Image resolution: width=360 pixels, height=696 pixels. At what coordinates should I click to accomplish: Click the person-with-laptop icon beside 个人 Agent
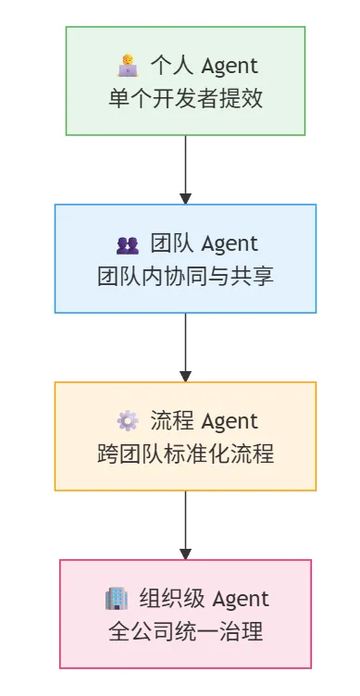coord(128,66)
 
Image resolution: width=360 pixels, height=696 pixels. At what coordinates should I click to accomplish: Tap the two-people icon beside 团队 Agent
coord(128,245)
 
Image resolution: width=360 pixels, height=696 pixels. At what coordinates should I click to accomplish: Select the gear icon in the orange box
coord(128,421)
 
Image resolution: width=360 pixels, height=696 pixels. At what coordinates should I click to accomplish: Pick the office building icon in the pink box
coord(117,598)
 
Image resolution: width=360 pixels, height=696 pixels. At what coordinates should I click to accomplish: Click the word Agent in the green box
coord(230,67)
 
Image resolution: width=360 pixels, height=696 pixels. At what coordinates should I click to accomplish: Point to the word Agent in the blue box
coord(230,244)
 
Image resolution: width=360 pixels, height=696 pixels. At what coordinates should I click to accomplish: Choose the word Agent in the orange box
coord(230,422)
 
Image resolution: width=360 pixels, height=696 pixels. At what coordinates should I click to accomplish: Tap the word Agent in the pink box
coord(241,599)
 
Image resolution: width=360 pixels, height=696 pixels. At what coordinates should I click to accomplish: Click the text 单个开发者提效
coord(185,99)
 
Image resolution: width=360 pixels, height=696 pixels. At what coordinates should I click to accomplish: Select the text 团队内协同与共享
coord(185,277)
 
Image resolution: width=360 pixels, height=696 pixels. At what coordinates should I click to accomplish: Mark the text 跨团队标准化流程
coord(185,454)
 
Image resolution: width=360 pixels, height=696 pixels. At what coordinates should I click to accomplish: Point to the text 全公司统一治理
coord(185,631)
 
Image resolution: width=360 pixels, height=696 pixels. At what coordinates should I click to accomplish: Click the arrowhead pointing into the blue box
coord(185,199)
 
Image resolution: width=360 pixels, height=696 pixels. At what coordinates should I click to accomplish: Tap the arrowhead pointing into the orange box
coord(185,377)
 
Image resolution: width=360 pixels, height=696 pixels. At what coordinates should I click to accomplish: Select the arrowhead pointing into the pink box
coord(185,554)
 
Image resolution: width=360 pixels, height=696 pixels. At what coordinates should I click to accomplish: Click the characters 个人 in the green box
coord(172,66)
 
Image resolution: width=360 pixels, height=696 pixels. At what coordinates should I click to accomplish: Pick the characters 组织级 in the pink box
coord(172,598)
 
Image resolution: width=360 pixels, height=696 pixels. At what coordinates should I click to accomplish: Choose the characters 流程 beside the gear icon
coord(172,421)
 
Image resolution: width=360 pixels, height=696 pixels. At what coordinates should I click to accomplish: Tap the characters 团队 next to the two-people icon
coord(172,243)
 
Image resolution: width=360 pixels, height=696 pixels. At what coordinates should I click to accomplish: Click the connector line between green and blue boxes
coord(185,165)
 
